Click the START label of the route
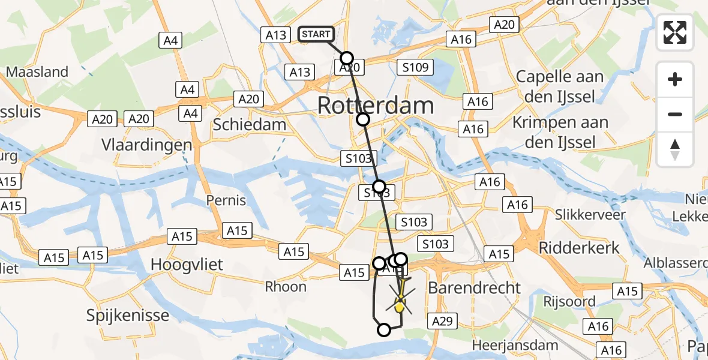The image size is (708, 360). [316, 34]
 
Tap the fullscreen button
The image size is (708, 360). [675, 32]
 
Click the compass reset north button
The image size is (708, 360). [675, 149]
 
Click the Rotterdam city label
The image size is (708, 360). [375, 106]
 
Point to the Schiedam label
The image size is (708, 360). [250, 124]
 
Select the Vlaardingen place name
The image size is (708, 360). [147, 145]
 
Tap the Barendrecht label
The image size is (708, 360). [475, 287]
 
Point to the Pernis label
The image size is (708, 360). [226, 200]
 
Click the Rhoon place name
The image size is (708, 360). [286, 286]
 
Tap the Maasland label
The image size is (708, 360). [37, 72]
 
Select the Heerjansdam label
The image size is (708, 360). [515, 345]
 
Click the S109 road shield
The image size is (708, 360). [415, 67]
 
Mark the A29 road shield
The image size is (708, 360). [442, 322]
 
